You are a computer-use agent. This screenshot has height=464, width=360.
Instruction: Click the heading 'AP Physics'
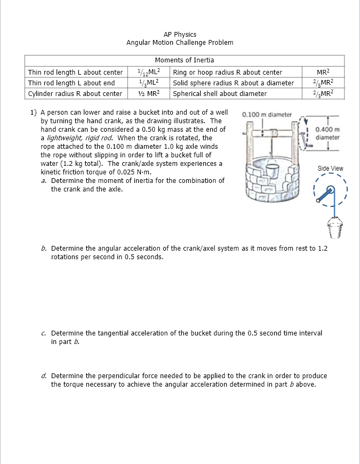[x=180, y=34]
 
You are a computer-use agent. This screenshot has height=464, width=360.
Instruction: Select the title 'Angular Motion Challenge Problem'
[x=180, y=43]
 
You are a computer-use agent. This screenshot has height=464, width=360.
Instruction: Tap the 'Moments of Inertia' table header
[x=184, y=60]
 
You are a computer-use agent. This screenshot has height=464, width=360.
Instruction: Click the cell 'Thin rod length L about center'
[x=75, y=72]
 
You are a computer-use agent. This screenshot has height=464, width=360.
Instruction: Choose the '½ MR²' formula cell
[x=146, y=94]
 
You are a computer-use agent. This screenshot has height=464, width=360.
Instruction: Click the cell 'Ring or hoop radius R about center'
[x=228, y=72]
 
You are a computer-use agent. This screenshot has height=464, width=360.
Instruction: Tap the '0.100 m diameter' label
[x=267, y=115]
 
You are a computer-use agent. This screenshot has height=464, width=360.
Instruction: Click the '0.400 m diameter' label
[x=327, y=133]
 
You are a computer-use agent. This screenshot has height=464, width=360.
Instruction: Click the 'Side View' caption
[x=331, y=169]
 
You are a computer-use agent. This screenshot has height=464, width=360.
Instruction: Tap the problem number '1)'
[x=33, y=113]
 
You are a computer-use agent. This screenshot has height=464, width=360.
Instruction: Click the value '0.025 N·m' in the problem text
[x=135, y=172]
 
